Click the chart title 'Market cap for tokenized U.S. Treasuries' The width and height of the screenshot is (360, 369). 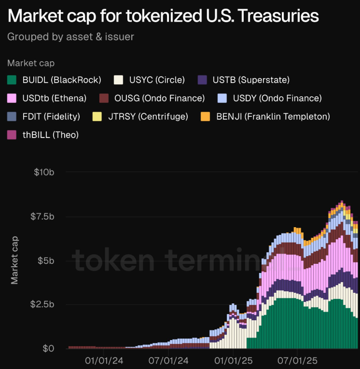[163, 16]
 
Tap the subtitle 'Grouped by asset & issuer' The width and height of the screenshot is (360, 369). [71, 36]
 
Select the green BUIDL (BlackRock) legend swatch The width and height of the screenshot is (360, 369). [13, 80]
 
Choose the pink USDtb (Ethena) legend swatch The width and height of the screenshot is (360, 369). [13, 98]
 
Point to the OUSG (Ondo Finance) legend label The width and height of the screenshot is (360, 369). [159, 98]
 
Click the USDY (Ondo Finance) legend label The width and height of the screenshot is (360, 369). [277, 98]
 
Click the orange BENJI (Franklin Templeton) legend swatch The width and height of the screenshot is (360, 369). [205, 117]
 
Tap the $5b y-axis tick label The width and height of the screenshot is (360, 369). [45, 260]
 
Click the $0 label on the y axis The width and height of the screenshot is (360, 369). [47, 348]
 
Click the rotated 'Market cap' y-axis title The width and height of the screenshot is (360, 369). [15, 260]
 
